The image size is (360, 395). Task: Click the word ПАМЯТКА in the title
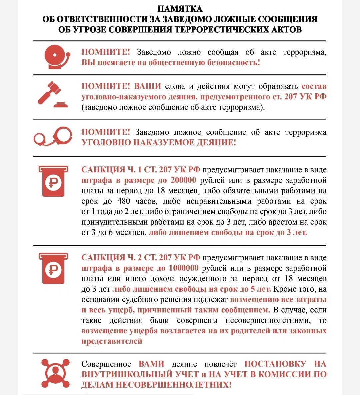[180, 9]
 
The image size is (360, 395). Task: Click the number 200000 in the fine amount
[183, 180]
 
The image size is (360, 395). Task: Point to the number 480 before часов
[124, 201]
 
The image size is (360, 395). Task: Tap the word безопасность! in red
[233, 62]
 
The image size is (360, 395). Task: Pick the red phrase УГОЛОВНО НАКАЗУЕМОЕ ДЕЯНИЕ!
[159, 143]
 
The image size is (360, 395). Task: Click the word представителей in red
[112, 341]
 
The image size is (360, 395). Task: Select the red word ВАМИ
[151, 364]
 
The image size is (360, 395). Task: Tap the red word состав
[314, 86]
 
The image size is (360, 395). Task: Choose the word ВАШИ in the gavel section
[147, 86]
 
